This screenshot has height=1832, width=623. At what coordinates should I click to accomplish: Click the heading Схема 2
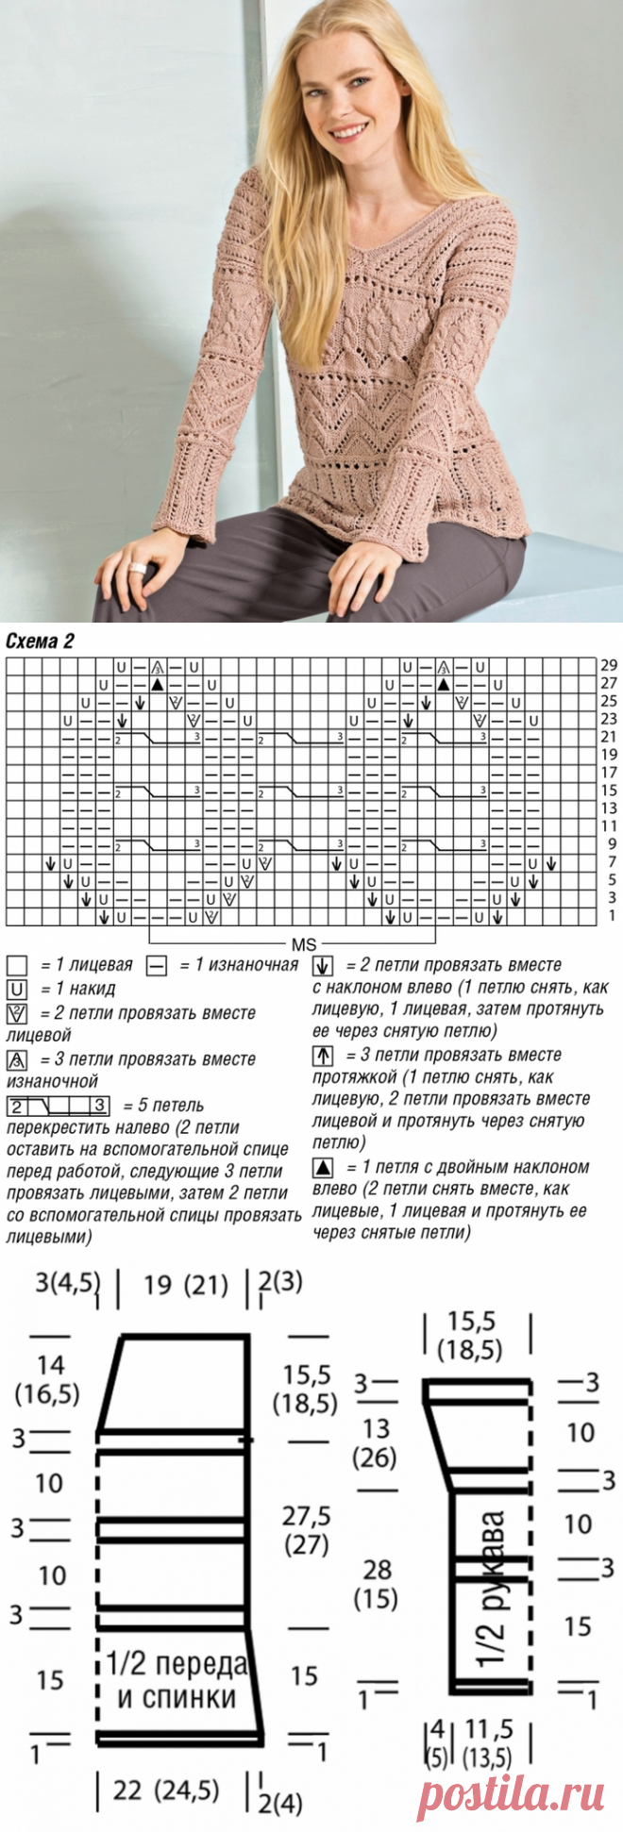(40, 641)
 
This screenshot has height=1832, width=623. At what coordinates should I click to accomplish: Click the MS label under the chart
(303, 944)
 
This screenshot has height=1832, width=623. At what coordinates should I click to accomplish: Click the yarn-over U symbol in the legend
(16, 989)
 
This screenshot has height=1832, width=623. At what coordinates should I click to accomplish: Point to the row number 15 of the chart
(609, 791)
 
